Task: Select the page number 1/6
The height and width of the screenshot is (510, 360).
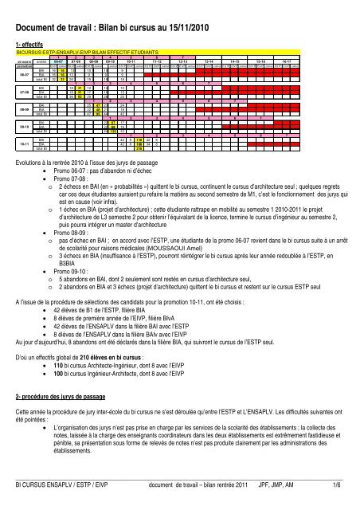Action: pyautogui.click(x=349, y=494)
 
